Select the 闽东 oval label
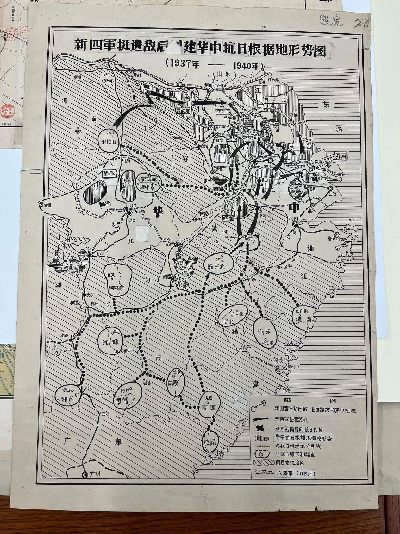click(265, 331)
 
